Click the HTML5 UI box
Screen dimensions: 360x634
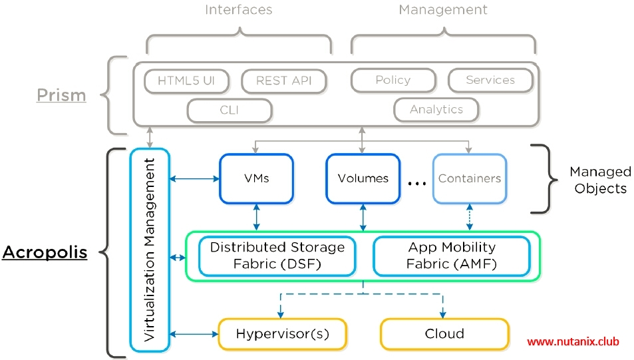186,81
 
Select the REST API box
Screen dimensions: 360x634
284,81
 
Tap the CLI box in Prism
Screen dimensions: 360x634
230,110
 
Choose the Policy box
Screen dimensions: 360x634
393,81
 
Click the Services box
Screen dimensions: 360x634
490,81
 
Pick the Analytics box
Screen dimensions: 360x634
436,110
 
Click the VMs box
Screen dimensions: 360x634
256,178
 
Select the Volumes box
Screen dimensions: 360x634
363,178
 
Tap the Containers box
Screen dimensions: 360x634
470,178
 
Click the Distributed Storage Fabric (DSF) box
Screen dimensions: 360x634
277,256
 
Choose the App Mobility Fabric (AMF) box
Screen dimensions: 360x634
452,256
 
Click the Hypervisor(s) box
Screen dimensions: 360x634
282,333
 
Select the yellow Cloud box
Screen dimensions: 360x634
444,333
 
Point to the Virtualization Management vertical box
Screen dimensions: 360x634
150,250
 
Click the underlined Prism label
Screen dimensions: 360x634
61,95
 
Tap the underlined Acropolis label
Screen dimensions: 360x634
45,253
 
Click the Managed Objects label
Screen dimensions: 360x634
600,180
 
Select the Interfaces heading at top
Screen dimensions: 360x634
238,10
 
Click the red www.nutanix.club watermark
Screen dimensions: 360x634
573,341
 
